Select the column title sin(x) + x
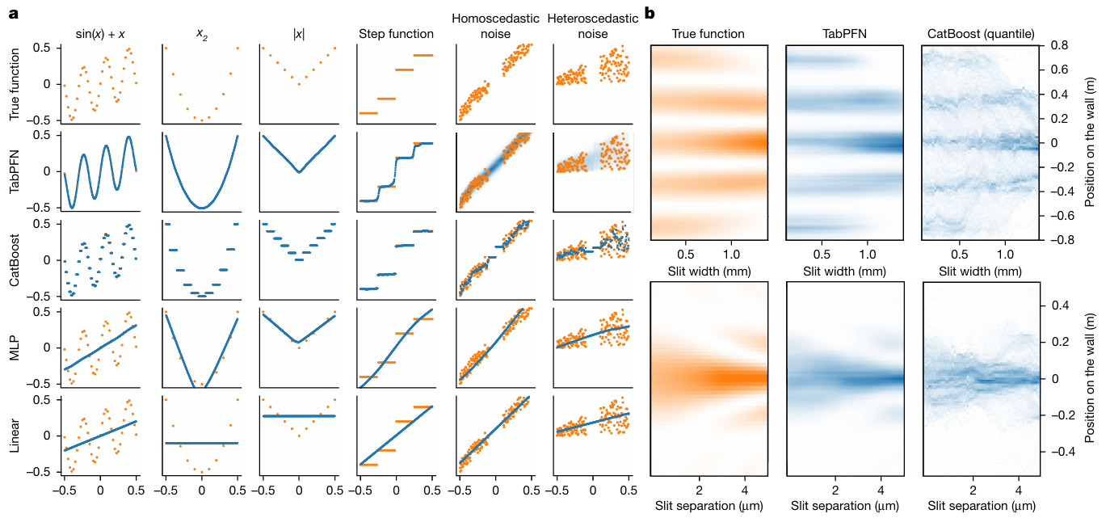tap(100, 34)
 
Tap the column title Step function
tap(396, 34)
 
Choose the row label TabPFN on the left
tap(15, 171)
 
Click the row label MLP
tap(15, 347)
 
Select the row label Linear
tap(15, 436)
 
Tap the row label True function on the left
tap(15, 83)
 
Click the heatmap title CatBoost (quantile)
tap(979, 34)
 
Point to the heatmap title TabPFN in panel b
tap(843, 34)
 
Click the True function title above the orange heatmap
tap(708, 34)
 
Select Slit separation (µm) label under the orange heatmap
tap(708, 507)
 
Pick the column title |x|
tap(298, 34)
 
